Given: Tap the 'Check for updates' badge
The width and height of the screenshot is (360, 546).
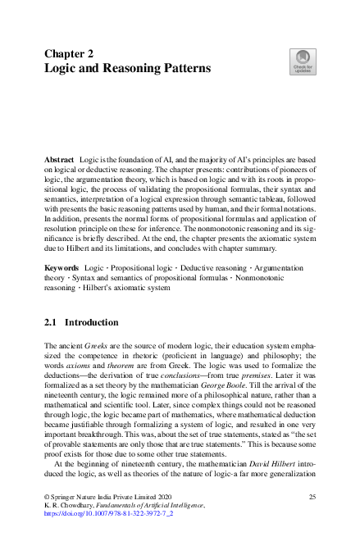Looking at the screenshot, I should [302, 62].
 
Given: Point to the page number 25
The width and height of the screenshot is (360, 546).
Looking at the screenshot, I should [312, 497].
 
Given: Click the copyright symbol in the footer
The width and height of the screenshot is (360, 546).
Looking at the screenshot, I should [47, 497].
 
